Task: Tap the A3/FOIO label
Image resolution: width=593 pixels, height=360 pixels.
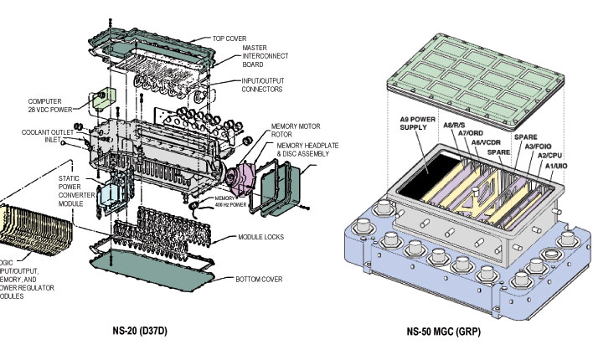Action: pyautogui.click(x=544, y=146)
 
